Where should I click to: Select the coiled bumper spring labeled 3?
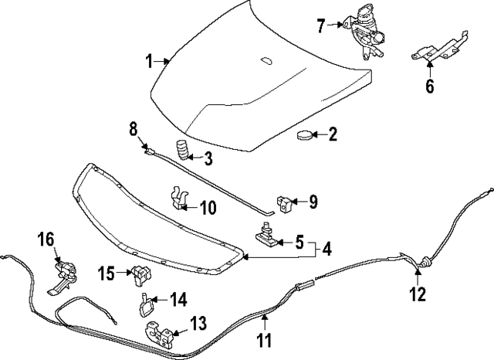[182, 150]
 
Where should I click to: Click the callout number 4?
[327, 250]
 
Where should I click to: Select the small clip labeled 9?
[287, 203]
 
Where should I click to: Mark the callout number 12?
[417, 294]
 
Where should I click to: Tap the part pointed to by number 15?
[140, 273]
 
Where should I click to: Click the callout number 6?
[429, 85]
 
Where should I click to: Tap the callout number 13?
[198, 321]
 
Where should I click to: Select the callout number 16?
[46, 239]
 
